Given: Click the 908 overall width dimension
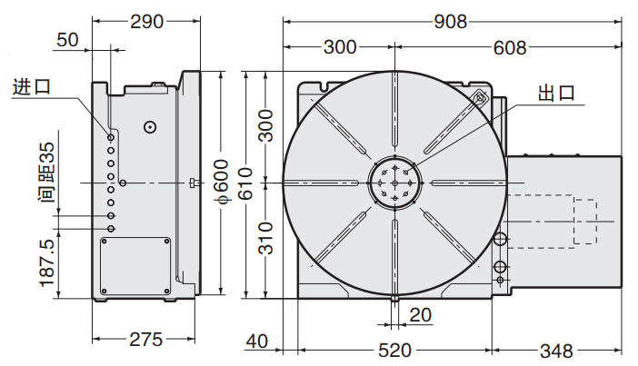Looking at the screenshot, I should pyautogui.click(x=452, y=19).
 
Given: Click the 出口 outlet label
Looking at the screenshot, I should pyautogui.click(x=558, y=93).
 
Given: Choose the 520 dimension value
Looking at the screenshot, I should pyautogui.click(x=394, y=350).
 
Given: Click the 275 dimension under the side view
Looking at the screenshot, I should pyautogui.click(x=145, y=340).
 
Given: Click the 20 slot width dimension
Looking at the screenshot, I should pyautogui.click(x=421, y=314).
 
